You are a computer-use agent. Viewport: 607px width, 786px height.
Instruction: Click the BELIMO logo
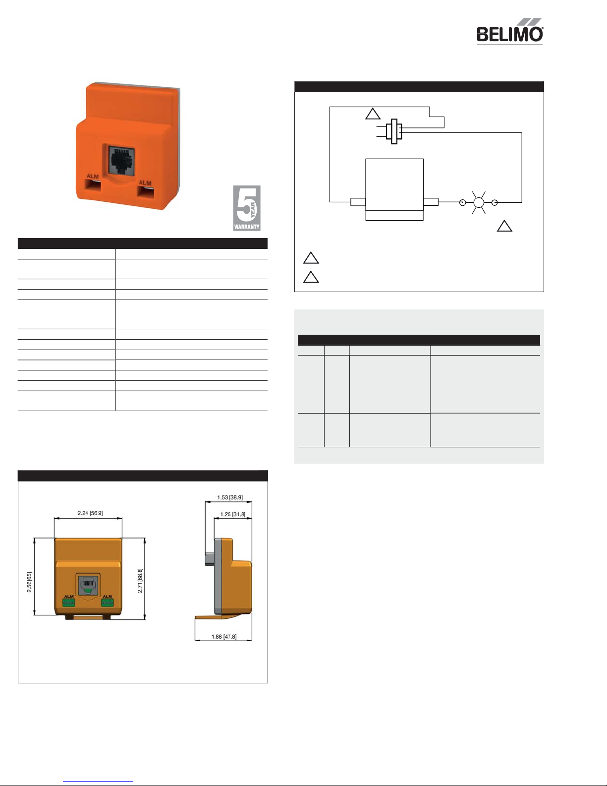pyautogui.click(x=510, y=31)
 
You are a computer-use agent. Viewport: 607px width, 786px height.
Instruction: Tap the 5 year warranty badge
pyautogui.click(x=247, y=208)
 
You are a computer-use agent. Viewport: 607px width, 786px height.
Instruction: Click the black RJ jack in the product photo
pyautogui.click(x=122, y=161)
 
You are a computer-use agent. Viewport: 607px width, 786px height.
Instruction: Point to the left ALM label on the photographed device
pyautogui.click(x=93, y=176)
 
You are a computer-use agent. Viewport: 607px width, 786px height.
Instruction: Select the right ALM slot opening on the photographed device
pyautogui.click(x=146, y=192)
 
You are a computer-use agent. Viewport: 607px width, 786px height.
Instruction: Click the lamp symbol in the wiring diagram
pyautogui.click(x=479, y=202)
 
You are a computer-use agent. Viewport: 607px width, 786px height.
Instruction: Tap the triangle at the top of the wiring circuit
pyautogui.click(x=373, y=114)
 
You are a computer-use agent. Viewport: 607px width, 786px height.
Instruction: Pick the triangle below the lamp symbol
pyautogui.click(x=504, y=226)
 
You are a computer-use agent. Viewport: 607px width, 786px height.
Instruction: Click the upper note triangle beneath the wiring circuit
pyautogui.click(x=311, y=258)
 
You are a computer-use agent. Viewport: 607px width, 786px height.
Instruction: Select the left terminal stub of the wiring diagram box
pyautogui.click(x=358, y=202)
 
